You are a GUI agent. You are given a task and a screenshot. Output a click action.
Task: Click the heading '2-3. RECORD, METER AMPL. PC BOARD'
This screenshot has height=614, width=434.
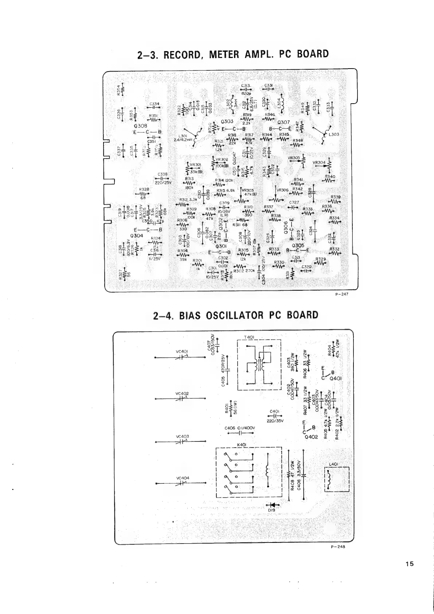pyautogui.click(x=233, y=54)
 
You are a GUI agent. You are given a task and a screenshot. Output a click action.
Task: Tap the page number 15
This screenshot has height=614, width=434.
pyautogui.click(x=410, y=574)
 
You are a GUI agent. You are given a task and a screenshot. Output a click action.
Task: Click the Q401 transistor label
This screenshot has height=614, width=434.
pyautogui.click(x=335, y=378)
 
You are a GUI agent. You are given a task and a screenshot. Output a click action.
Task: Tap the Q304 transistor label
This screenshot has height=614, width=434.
pyautogui.click(x=136, y=236)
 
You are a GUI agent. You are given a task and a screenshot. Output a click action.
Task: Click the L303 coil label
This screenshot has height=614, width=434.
pyautogui.click(x=334, y=135)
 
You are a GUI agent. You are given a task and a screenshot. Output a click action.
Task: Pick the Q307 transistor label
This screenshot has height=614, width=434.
pyautogui.click(x=284, y=123)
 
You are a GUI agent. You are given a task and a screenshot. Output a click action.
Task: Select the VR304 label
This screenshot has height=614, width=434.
pyautogui.click(x=319, y=163)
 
